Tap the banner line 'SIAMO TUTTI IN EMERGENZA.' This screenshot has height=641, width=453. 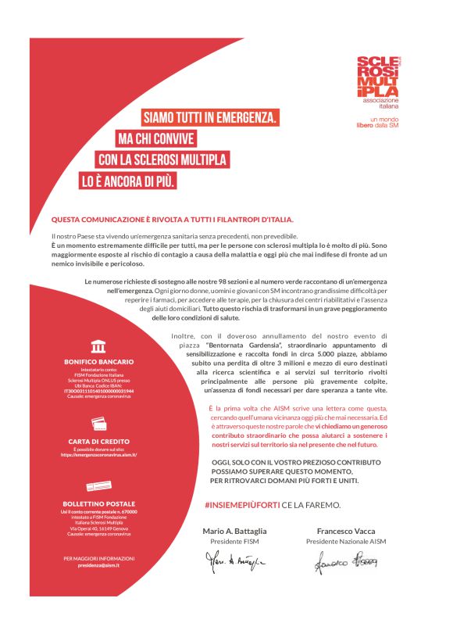[x=210, y=119]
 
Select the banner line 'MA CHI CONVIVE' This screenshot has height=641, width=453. [x=156, y=139]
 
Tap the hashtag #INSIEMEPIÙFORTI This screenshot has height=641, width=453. [x=242, y=505]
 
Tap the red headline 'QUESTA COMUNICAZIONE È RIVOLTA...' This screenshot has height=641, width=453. [x=173, y=220]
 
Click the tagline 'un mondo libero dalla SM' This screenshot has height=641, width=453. [x=377, y=121]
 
